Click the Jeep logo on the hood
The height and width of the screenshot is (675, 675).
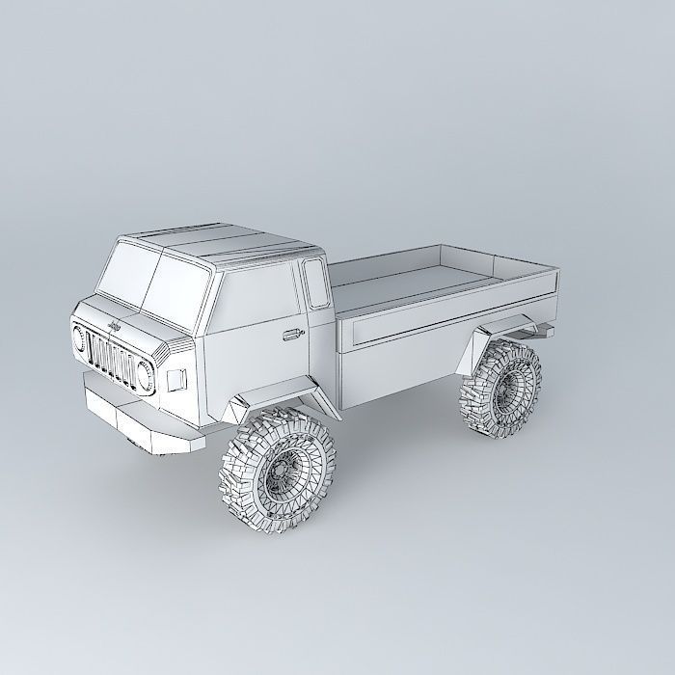click(x=112, y=328)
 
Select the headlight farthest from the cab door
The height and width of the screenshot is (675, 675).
click(x=78, y=339)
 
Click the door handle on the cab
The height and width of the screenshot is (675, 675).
click(x=289, y=336)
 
